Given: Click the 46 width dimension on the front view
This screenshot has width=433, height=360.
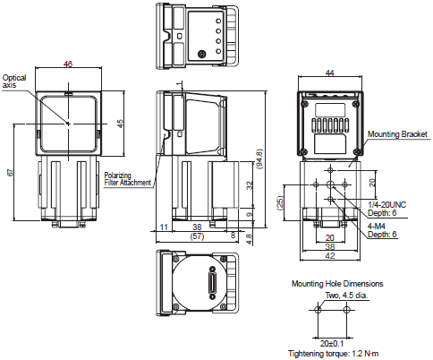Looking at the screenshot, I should [69, 64].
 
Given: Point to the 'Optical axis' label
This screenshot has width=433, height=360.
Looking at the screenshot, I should [14, 81].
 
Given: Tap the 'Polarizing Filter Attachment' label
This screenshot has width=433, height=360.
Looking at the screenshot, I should [127, 179].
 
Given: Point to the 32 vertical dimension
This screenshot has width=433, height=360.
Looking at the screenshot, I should [250, 185].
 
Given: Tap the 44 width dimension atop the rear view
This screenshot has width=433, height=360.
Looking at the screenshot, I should [329, 73].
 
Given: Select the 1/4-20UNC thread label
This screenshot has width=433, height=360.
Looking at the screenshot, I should [388, 204].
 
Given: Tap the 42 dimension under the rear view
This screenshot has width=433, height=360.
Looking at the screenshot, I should [329, 255].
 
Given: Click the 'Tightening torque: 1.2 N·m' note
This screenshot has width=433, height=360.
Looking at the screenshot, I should [334, 354].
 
